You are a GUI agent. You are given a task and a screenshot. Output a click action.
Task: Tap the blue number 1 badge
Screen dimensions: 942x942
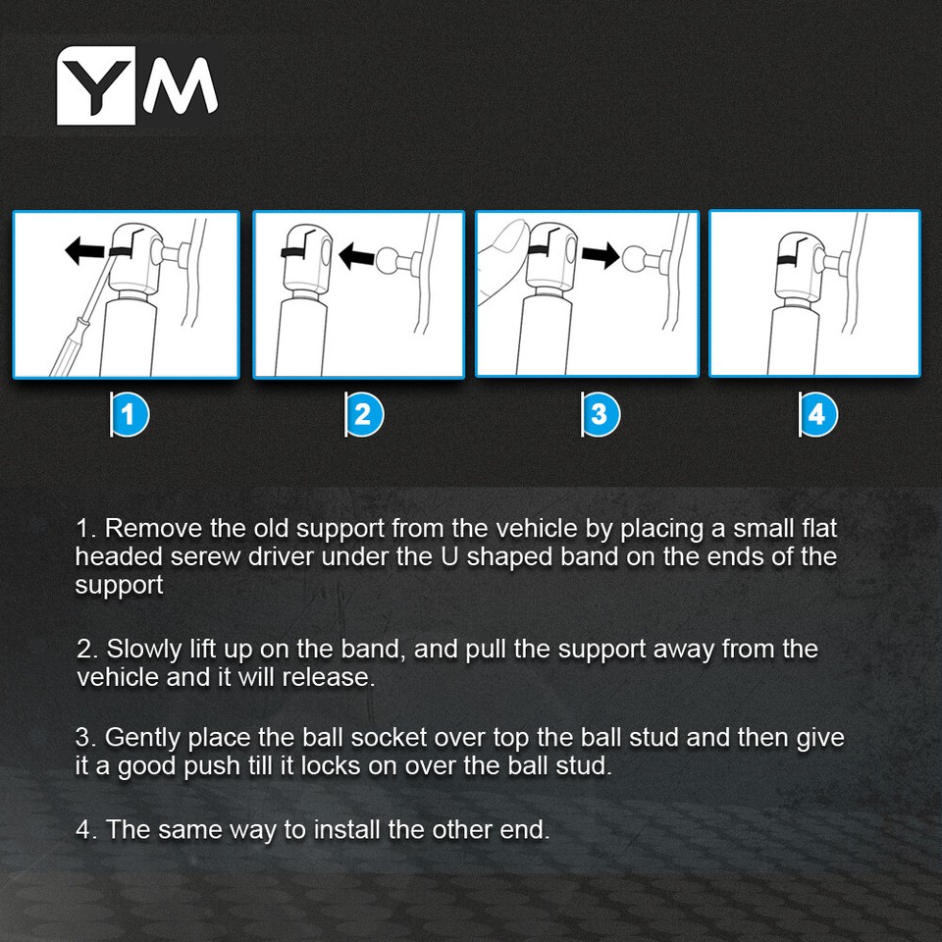pyautogui.click(x=130, y=414)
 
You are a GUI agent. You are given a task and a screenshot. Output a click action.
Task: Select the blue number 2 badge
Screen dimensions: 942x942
pyautogui.click(x=364, y=414)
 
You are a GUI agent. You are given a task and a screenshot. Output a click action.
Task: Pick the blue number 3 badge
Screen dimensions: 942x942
pyautogui.click(x=601, y=414)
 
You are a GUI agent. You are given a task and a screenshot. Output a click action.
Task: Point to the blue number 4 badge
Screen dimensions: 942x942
pyautogui.click(x=817, y=414)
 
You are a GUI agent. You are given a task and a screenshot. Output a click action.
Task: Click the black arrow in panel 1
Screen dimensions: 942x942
pyautogui.click(x=86, y=250)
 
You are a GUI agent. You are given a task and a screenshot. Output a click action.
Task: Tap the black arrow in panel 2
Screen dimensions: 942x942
pyautogui.click(x=357, y=255)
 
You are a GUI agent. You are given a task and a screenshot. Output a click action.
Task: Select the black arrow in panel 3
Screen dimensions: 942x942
pyautogui.click(x=600, y=254)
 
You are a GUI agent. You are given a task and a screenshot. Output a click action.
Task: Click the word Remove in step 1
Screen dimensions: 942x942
pyautogui.click(x=153, y=529)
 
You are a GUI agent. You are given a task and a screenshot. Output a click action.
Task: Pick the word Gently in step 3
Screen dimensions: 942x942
pyautogui.click(x=142, y=738)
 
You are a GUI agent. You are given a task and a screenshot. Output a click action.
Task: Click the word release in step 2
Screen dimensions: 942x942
pyautogui.click(x=328, y=678)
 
